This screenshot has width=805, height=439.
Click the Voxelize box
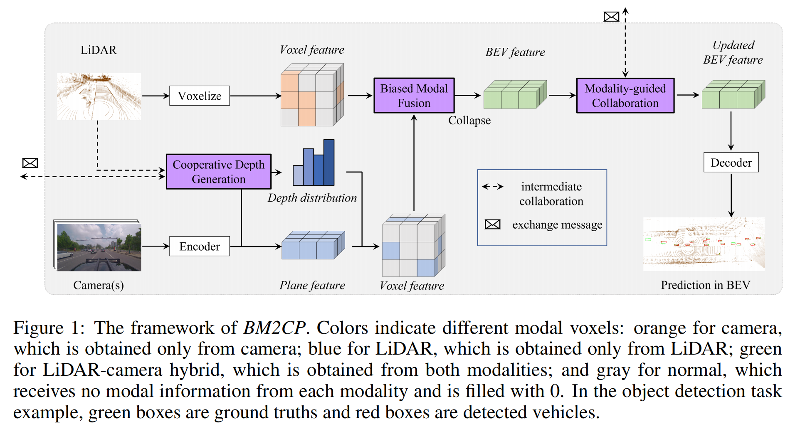(x=199, y=96)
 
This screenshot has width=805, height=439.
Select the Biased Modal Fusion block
(x=414, y=96)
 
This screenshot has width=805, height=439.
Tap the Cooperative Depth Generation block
(x=218, y=172)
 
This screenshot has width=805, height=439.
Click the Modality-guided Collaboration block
(x=625, y=96)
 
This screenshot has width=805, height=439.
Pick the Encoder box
(x=199, y=247)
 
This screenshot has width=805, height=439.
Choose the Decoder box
(x=731, y=163)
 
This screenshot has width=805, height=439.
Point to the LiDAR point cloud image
(x=99, y=96)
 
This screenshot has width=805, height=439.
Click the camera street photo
(x=99, y=247)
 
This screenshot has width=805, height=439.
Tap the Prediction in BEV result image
(x=704, y=244)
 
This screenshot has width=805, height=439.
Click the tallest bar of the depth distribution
(x=328, y=162)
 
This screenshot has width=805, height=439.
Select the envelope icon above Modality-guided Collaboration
(x=611, y=17)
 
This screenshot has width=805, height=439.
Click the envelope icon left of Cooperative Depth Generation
(x=30, y=163)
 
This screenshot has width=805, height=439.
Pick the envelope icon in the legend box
(x=492, y=224)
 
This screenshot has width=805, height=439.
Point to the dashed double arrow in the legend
(x=492, y=187)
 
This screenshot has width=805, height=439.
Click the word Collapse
(x=469, y=121)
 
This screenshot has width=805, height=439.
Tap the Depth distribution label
(x=312, y=198)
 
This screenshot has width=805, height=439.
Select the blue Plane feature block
(x=313, y=245)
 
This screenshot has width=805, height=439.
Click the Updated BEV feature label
(x=733, y=52)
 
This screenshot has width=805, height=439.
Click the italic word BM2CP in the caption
(x=274, y=328)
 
